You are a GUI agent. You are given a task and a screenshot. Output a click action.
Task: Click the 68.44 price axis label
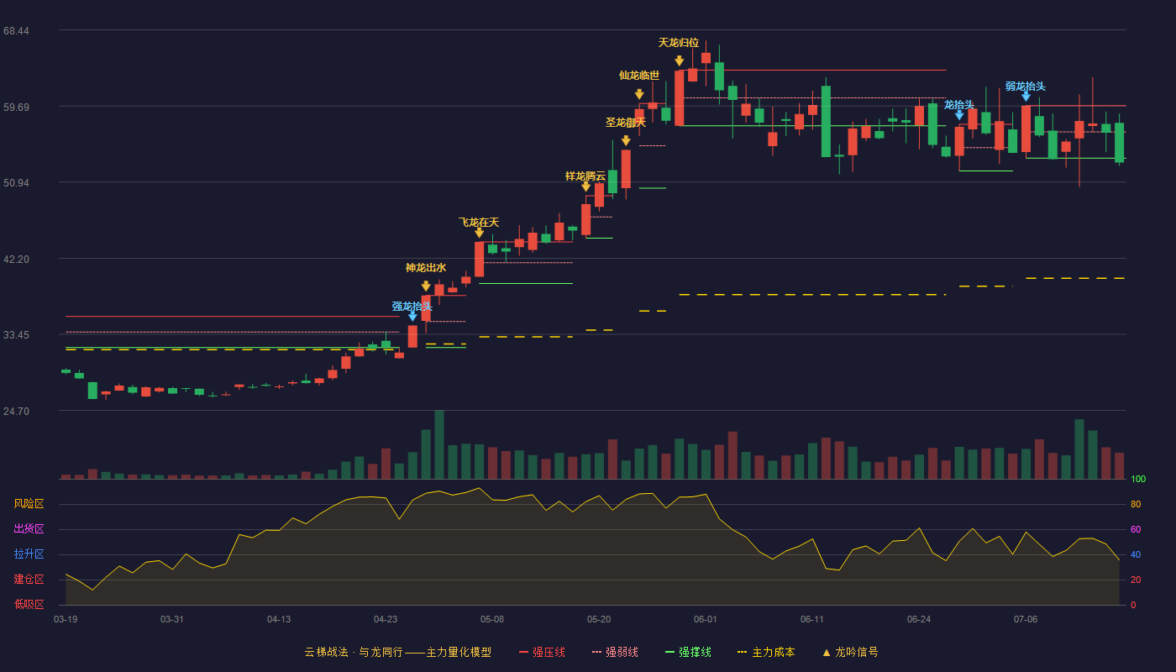click(16, 31)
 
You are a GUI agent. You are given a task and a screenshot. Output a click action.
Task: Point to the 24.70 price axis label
click(16, 411)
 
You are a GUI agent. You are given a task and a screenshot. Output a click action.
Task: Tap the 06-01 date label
click(705, 620)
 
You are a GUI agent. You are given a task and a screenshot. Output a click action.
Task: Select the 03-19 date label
click(66, 620)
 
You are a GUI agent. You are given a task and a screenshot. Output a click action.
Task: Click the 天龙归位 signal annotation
click(679, 43)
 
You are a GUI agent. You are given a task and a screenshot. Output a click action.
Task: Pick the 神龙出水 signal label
click(426, 268)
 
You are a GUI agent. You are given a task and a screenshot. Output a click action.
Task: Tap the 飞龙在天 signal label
click(479, 223)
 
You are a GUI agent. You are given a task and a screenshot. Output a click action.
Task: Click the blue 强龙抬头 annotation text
click(412, 306)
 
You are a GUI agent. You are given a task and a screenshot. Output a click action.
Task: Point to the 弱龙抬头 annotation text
click(1026, 87)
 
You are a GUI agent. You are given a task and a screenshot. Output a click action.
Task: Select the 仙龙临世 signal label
click(639, 76)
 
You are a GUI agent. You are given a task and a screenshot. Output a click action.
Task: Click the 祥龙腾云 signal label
click(585, 176)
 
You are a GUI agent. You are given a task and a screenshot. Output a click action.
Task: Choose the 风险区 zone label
click(29, 504)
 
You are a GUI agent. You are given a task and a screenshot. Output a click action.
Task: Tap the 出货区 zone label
click(29, 528)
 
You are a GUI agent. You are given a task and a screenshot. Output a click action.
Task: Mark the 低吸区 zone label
click(29, 604)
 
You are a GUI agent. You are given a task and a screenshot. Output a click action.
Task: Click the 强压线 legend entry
click(542, 652)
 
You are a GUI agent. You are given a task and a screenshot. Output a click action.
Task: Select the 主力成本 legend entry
click(766, 652)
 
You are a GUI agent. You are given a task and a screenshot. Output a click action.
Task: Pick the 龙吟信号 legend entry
click(850, 652)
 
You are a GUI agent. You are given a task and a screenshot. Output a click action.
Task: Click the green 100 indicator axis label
click(1138, 479)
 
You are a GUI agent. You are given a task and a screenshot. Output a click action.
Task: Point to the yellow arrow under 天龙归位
click(679, 60)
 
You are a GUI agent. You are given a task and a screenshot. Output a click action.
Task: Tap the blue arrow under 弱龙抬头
click(1026, 97)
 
